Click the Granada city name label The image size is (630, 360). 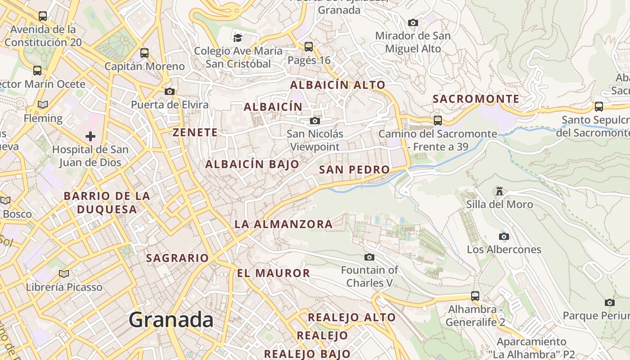pyautogui.click(x=171, y=320)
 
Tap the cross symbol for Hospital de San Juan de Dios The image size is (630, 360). pyautogui.click(x=90, y=136)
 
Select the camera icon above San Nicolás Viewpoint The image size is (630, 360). pyautogui.click(x=315, y=121)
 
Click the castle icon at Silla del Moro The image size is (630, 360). pyautogui.click(x=499, y=191)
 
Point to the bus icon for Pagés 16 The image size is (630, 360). pyautogui.click(x=309, y=46)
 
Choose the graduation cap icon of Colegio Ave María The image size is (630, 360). pyautogui.click(x=238, y=38)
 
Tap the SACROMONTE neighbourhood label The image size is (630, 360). pyautogui.click(x=476, y=99)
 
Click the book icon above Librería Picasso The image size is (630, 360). pyautogui.click(x=64, y=274)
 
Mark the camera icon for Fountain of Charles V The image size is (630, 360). pyautogui.click(x=369, y=257)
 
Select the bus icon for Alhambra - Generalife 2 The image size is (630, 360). pyautogui.click(x=475, y=296)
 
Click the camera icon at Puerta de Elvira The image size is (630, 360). pyautogui.click(x=170, y=91)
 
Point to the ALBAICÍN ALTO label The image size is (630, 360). pyautogui.click(x=337, y=85)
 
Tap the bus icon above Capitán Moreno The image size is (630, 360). pyautogui.click(x=144, y=53)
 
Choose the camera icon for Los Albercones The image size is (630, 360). pyautogui.click(x=504, y=236)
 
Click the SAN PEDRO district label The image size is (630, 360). pyautogui.click(x=354, y=170)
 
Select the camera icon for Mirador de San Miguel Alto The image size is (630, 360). pyautogui.click(x=413, y=22)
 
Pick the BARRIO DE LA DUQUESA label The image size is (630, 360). pyautogui.click(x=107, y=202)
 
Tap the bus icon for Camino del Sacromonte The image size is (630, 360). pyautogui.click(x=438, y=121)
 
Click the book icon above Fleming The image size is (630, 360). pyautogui.click(x=43, y=105)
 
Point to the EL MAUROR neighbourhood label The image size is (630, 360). pyautogui.click(x=274, y=273)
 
